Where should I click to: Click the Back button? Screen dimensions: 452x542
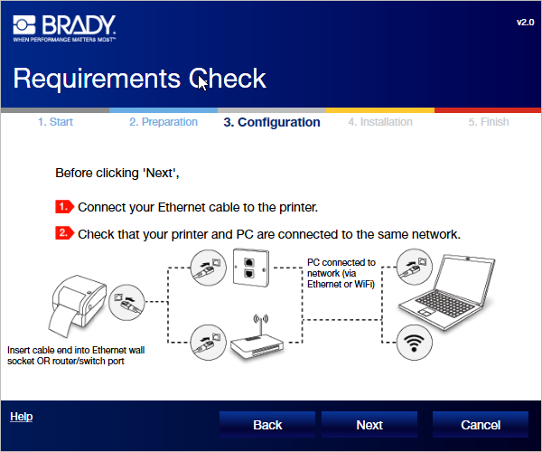point(267,425)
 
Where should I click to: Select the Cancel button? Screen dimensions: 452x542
point(480,425)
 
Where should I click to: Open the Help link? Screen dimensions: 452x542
point(21,417)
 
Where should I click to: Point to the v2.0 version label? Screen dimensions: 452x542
point(525,21)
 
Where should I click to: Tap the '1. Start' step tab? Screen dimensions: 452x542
point(55,122)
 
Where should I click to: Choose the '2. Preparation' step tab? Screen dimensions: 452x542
point(163,122)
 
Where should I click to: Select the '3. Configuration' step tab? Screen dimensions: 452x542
point(271,122)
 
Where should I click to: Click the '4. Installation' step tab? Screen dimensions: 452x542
point(379,122)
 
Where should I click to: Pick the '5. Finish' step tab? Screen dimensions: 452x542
point(488,122)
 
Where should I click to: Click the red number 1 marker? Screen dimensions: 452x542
point(64,207)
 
